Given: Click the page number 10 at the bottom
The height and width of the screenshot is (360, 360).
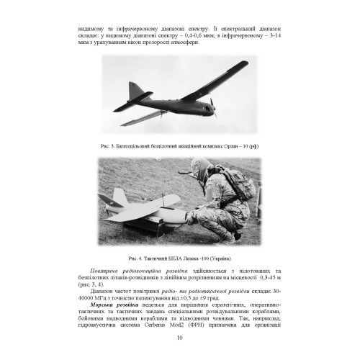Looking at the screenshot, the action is (x=180, y=338).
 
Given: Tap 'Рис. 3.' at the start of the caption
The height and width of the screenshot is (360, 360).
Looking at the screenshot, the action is (x=110, y=145).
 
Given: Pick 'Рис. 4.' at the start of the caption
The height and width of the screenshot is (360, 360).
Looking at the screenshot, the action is (x=130, y=258).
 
